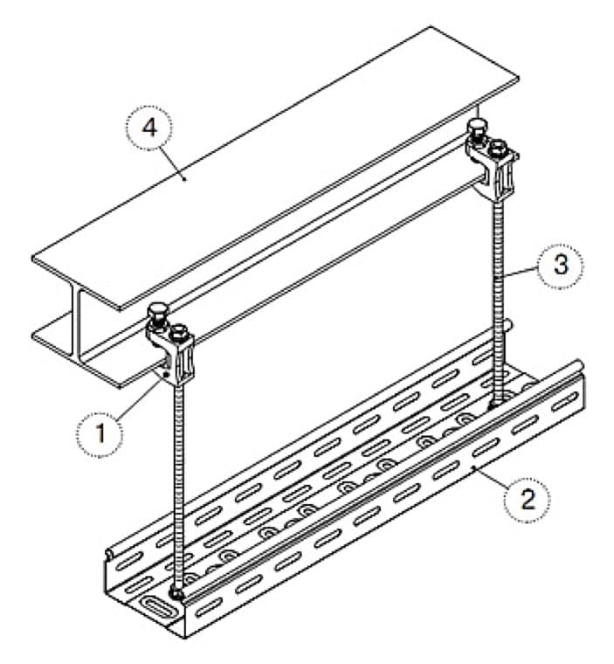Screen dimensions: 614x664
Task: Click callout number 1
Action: pos(100,432)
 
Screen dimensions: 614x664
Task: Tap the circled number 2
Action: pos(528,499)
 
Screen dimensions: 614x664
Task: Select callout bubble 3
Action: pos(561,266)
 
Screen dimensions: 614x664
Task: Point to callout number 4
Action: pos(149,128)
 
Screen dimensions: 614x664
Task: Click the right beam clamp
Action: pos(493,161)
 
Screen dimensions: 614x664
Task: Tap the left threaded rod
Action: pos(179,487)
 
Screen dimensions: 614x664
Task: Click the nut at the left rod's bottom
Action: pos(176,593)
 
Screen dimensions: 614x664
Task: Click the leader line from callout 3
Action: pos(517,272)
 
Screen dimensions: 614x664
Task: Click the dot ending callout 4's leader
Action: pos(184,178)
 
